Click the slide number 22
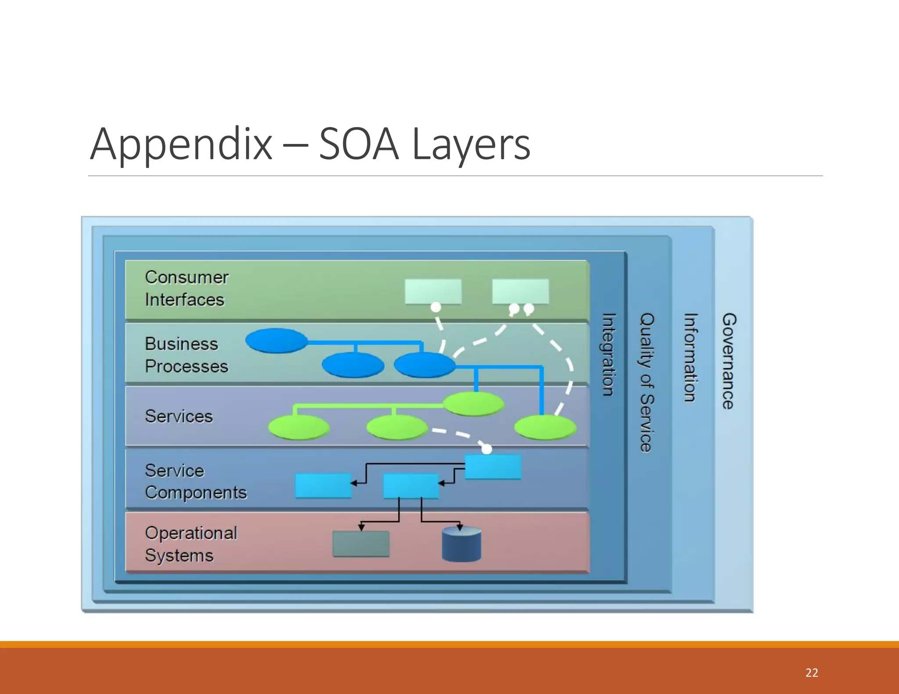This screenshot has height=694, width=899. point(811,673)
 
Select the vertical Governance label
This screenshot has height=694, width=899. point(729,361)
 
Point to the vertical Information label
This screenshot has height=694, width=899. point(690,357)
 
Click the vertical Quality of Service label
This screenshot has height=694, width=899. point(647,382)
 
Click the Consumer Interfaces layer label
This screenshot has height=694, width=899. point(186,289)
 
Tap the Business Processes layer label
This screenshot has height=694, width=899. point(186,355)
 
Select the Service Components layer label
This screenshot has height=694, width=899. point(195,481)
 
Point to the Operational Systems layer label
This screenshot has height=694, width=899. point(191,544)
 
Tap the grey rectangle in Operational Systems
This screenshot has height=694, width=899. point(361,544)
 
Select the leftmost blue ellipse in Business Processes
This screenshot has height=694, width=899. point(276,341)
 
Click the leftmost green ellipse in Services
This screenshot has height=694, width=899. point(298,427)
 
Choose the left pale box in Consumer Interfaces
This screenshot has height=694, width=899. point(433,291)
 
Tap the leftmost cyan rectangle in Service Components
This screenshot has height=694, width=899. point(324,486)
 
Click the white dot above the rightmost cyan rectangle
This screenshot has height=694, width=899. point(487,449)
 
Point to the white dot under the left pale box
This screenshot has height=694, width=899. point(435,307)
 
